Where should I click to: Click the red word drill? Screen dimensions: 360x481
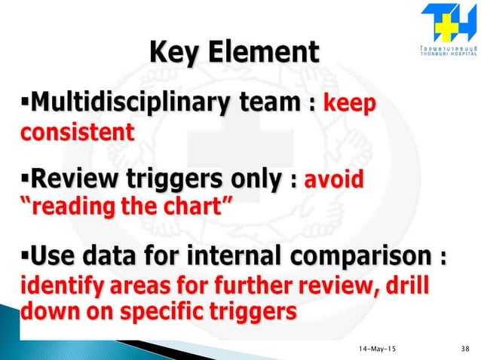click(429, 288)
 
